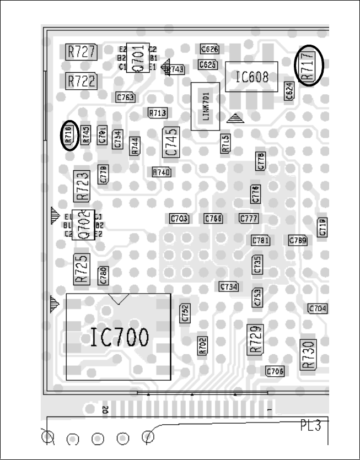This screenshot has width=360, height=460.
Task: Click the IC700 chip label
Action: pyautogui.click(x=119, y=337)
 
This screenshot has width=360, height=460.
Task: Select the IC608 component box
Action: pyautogui.click(x=251, y=77)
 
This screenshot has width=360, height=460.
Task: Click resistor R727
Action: pyautogui.click(x=82, y=52)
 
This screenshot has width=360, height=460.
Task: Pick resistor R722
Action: pyautogui.click(x=82, y=81)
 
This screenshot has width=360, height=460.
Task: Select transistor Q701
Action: pyautogui.click(x=138, y=57)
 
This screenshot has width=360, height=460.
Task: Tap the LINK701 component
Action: pyautogui.click(x=205, y=106)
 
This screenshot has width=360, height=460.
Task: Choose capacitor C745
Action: pyautogui.click(x=171, y=142)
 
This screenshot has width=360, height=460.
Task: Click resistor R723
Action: pyautogui.click(x=82, y=186)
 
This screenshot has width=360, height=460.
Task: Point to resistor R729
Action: pyautogui.click(x=255, y=338)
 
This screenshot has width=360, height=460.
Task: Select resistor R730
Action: pyautogui.click(x=308, y=354)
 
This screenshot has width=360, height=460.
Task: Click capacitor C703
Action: pyautogui.click(x=179, y=219)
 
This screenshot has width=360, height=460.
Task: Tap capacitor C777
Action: pyautogui.click(x=249, y=219)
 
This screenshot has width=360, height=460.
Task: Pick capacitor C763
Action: pyautogui.click(x=125, y=98)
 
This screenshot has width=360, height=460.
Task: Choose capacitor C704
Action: pyautogui.click(x=318, y=309)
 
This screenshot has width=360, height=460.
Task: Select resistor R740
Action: pyautogui.click(x=162, y=172)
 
